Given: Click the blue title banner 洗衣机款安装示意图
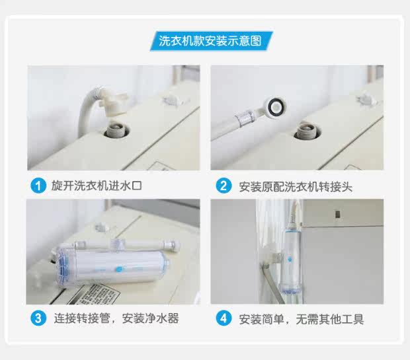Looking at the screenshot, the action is [x=211, y=41].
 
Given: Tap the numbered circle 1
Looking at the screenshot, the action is [x=38, y=186].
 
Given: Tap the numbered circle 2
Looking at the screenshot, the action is [x=224, y=186].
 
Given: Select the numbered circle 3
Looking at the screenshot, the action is [x=38, y=318].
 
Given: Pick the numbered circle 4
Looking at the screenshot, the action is [x=224, y=318].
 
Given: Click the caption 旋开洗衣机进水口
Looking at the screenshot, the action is [x=97, y=186].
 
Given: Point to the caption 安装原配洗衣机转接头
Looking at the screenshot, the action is [x=296, y=186].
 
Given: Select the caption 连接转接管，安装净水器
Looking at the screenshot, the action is [x=116, y=318].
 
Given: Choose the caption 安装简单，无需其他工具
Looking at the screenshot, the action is [x=302, y=319].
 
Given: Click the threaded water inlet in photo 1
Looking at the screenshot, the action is [x=116, y=130].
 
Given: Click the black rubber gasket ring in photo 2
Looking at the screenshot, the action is [x=275, y=106].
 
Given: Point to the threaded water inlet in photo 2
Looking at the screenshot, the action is [x=305, y=131].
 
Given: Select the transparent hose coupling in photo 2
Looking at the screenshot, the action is [x=244, y=118].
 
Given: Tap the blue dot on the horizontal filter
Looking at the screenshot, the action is [x=119, y=269].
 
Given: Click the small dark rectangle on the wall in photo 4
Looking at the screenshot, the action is [x=337, y=214].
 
